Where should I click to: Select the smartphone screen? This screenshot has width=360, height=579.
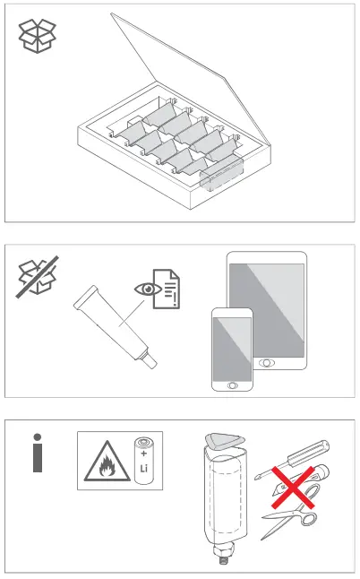(x=232, y=345)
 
